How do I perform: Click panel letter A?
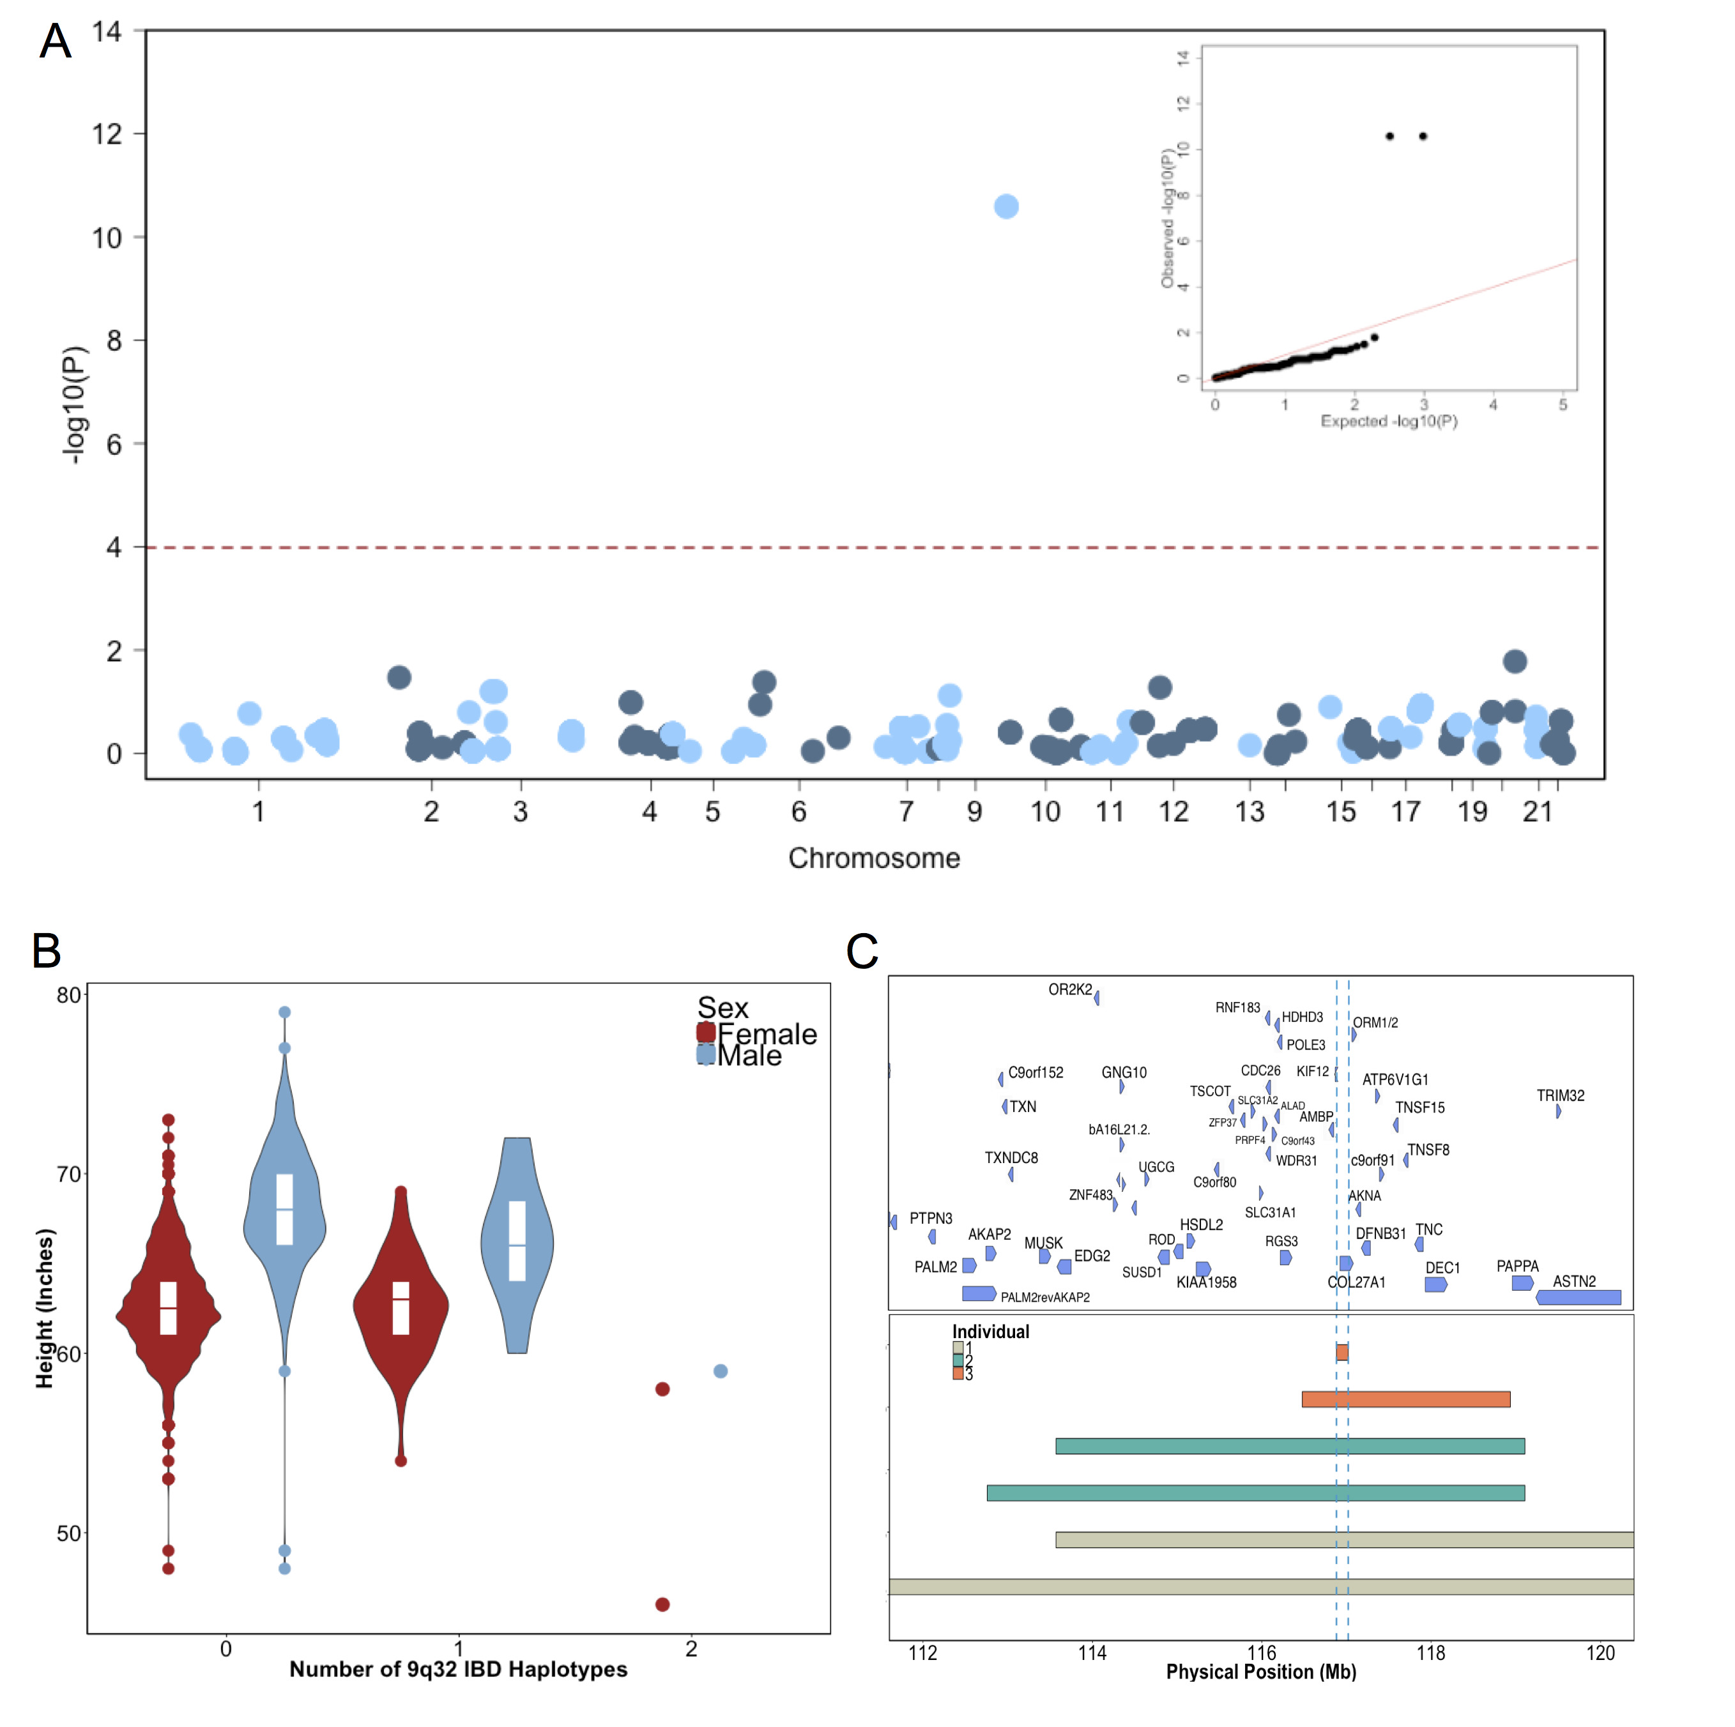coord(56,42)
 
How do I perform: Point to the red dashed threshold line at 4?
coord(629,547)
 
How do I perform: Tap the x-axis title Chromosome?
coord(874,858)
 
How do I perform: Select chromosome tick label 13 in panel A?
coord(1249,812)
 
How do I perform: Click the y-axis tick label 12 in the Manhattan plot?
coord(107,134)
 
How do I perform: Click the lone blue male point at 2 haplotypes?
coord(720,1371)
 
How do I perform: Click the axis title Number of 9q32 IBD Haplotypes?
coord(458,1669)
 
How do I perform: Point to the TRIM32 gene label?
coord(1560,1095)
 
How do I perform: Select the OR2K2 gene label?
coord(1069,990)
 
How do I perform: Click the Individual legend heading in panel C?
coord(991,1332)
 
